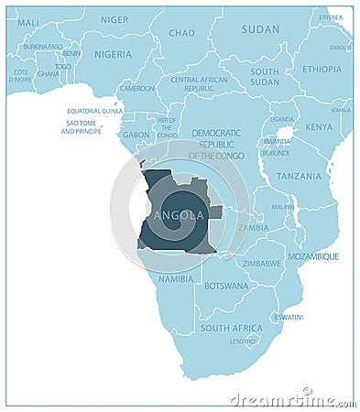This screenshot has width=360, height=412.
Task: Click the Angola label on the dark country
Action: point(180,215)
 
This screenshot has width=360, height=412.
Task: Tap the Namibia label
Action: point(176,278)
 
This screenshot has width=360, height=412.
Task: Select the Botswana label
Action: point(226,286)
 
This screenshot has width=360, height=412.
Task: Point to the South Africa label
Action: point(231,328)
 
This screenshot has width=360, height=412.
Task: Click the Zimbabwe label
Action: point(262,263)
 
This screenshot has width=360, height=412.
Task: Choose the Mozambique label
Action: point(314,256)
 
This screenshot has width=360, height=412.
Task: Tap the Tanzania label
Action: point(299,176)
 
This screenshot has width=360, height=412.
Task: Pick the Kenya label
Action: point(319,126)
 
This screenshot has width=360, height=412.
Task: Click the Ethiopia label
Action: point(322,69)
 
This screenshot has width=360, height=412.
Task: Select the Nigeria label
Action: point(113,54)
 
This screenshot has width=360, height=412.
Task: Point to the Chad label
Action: point(181,33)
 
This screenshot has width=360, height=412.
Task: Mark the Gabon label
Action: point(136,135)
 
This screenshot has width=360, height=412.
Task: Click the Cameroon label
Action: point(137,89)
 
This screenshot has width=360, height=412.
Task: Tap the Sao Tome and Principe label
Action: point(82,127)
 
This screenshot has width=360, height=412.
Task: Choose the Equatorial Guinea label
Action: point(94,111)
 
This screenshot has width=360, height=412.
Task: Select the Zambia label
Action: point(253,227)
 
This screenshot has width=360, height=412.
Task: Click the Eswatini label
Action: point(289,317)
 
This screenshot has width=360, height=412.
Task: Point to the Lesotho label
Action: point(243,342)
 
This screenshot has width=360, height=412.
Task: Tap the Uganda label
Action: point(282,119)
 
